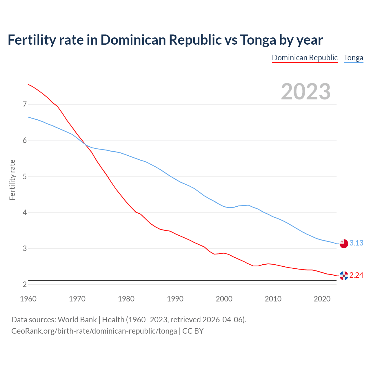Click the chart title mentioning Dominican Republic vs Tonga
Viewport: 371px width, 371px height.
point(165,40)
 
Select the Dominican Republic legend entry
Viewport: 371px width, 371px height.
point(305,58)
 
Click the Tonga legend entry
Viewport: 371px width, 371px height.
point(353,58)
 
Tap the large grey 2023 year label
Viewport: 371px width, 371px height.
point(305,92)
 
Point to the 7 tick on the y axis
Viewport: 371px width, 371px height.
point(25,104)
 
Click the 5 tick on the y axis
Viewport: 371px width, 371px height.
point(25,177)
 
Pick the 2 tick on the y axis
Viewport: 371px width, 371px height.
point(25,284)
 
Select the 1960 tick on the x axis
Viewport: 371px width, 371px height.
point(28,299)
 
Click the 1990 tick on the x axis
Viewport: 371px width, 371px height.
point(175,299)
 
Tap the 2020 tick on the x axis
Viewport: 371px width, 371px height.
point(322,299)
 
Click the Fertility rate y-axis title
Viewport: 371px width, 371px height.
point(12,180)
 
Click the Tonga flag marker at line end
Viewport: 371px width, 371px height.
point(344,243)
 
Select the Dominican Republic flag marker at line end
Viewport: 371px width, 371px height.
point(344,276)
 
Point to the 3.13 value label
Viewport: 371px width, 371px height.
point(356,243)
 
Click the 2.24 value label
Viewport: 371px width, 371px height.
point(356,275)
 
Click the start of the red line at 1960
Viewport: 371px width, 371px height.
point(28,84)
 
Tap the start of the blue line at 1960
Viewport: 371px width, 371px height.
point(28,117)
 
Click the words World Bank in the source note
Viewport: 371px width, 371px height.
point(77,320)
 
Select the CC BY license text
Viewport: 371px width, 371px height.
point(193,331)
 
